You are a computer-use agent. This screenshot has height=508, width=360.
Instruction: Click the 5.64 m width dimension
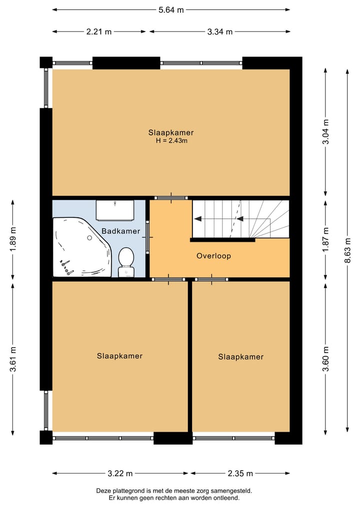pyautogui.click(x=171, y=10)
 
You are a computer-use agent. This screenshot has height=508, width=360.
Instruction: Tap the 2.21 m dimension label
pyautogui.click(x=99, y=32)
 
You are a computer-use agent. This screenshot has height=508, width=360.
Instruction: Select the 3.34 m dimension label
pyautogui.click(x=220, y=32)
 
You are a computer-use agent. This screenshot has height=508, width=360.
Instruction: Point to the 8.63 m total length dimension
pyautogui.click(x=347, y=250)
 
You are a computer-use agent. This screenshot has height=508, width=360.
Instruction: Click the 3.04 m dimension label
pyautogui.click(x=326, y=132)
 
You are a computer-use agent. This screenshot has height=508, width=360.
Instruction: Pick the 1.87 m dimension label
pyautogui.click(x=326, y=239)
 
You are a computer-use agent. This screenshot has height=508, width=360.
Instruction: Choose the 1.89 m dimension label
pyautogui.click(x=12, y=239)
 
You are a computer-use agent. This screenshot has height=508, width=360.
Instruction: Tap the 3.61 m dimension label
pyautogui.click(x=12, y=359)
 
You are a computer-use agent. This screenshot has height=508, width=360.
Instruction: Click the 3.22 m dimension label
pyautogui.click(x=120, y=474)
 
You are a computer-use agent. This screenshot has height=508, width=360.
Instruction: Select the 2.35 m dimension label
pyautogui.click(x=240, y=474)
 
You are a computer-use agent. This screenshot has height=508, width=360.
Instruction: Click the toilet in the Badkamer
pyautogui.click(x=126, y=262)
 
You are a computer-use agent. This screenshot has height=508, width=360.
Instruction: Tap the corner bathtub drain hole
pyautogui.click(x=89, y=238)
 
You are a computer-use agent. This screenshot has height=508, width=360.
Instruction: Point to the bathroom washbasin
pyautogui.click(x=115, y=210)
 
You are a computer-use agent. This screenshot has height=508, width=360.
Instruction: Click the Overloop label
pyautogui.click(x=213, y=256)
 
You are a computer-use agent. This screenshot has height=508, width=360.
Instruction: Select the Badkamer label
pyautogui.click(x=120, y=231)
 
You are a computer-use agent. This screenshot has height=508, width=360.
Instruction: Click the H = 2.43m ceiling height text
pyautogui.click(x=171, y=140)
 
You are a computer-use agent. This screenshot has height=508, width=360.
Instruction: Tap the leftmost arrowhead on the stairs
pyautogui.click(x=197, y=219)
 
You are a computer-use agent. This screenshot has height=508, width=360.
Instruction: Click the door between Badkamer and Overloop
pyautogui.click(x=147, y=237)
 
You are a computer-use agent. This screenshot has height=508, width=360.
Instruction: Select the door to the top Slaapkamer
pyautogui.click(x=171, y=198)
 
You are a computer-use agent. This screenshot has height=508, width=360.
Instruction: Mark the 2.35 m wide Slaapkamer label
pyautogui.click(x=240, y=357)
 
